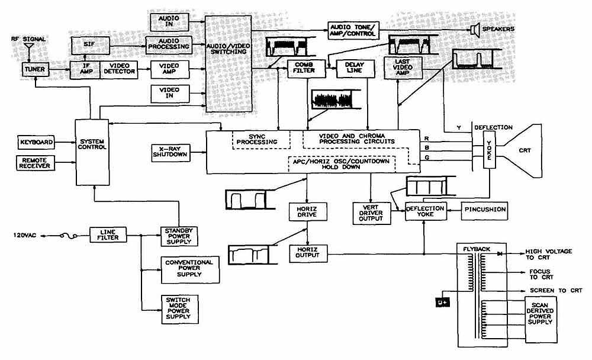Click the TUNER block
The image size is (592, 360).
pos(35,69)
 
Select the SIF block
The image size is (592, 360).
pos(90,46)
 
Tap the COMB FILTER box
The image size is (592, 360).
pos(306,68)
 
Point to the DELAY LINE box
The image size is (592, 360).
pos(355,68)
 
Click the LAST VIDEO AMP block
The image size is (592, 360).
pos(403,68)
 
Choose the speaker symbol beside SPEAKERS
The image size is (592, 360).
pos(475,30)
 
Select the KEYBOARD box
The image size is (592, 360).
pos(36,143)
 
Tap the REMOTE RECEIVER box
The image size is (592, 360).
pos(36,163)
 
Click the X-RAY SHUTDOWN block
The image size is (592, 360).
pos(170,153)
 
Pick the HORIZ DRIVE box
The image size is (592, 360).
pos(308,212)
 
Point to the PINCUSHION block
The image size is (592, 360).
pos(485,210)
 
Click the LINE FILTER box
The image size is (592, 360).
pos(108,235)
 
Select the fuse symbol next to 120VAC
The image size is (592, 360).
pos(69,236)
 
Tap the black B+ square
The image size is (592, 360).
pos(442,302)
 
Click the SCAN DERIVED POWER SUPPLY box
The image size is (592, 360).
pos(540,314)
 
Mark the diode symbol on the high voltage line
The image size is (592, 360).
pos(500,254)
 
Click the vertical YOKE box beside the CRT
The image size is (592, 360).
pos(490,150)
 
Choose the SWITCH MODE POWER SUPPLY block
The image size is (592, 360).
pos(179,309)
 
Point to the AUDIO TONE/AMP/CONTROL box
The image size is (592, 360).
pos(353,31)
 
